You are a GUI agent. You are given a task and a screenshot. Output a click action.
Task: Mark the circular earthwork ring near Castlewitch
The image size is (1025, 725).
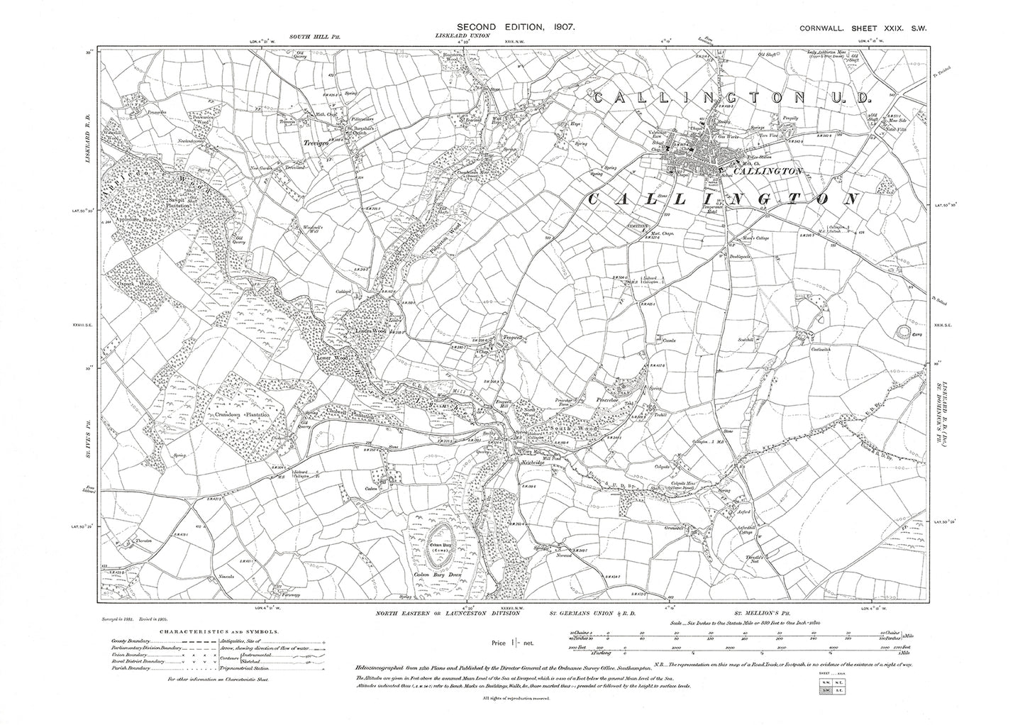click(x=904, y=331)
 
